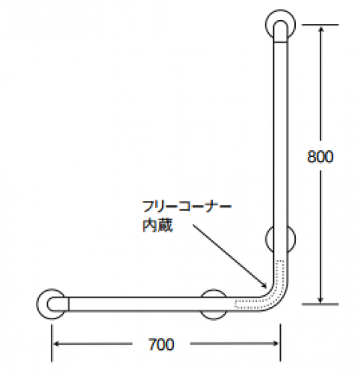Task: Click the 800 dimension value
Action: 320,156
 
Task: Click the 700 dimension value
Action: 161,345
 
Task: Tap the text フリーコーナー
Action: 187,206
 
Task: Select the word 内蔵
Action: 158,225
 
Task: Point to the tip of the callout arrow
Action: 267,288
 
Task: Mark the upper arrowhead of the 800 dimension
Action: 320,29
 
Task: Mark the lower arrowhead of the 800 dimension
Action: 320,300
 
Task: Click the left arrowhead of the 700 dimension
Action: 57,344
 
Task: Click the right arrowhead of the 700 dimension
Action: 275,344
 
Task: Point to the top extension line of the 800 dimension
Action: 320,25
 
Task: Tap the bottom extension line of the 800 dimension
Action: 320,304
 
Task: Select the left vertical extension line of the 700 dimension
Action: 52,342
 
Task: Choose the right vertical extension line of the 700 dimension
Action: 280,342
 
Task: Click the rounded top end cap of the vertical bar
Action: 280,23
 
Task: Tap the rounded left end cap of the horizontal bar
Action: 50,304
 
